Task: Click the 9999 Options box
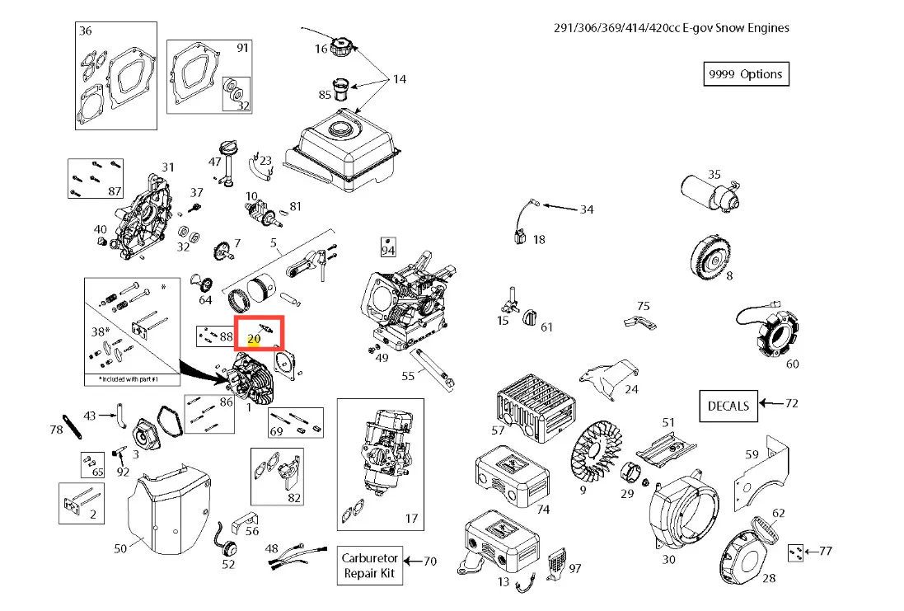tap(745, 74)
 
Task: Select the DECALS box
tap(728, 405)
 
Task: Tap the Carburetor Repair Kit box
tap(370, 565)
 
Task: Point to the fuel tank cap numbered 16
tap(341, 47)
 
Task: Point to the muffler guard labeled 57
tap(527, 399)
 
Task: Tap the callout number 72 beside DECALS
tap(792, 403)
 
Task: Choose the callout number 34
tap(586, 209)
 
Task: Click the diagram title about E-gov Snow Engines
tap(671, 27)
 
